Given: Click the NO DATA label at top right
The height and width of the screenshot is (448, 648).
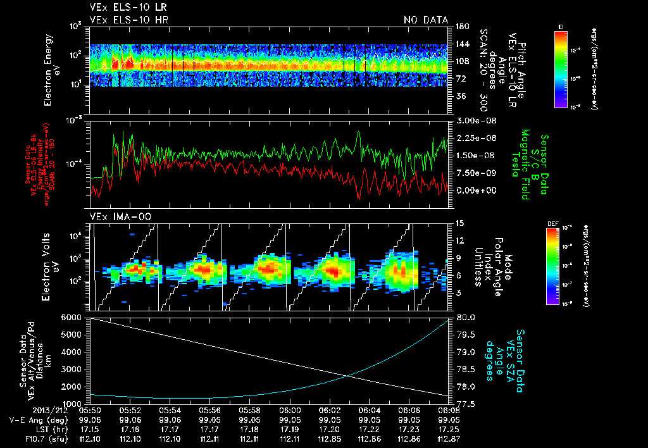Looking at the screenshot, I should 426,20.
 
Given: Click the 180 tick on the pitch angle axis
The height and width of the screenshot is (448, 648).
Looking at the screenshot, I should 461,26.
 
